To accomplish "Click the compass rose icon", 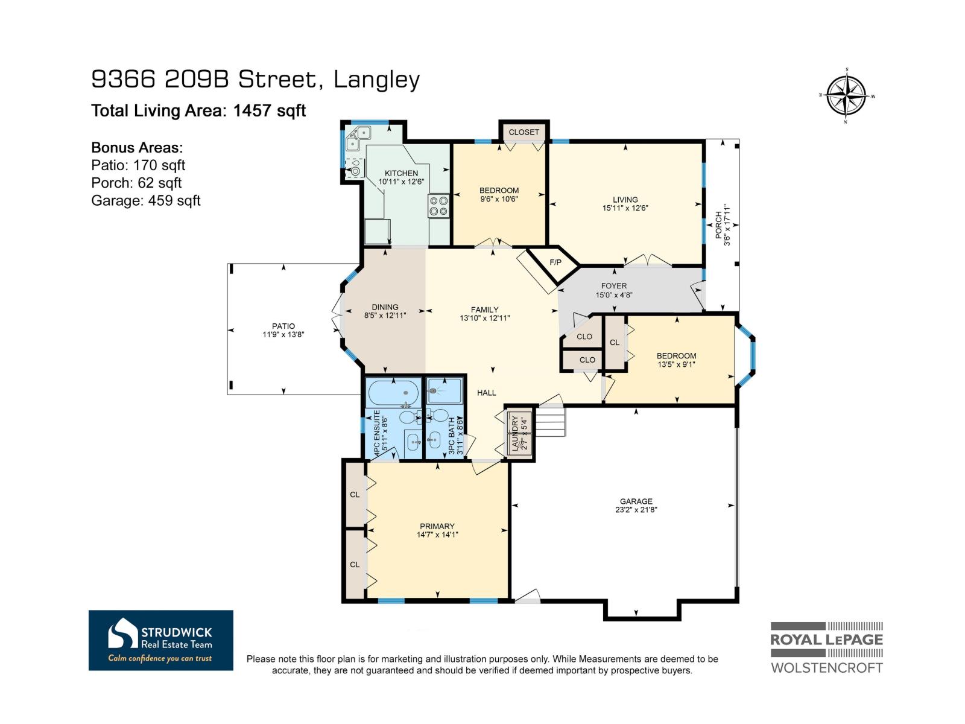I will pos(846,95).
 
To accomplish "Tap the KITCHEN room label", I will pos(401,173).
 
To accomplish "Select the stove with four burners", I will pos(438,206).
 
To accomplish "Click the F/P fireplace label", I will pos(555,262).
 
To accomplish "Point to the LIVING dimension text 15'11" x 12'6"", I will pos(625,208).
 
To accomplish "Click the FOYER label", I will pos(613,286).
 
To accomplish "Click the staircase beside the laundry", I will pos(550,421).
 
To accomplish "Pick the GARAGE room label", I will pos(636,501).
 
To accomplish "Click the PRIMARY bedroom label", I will pos(437,526).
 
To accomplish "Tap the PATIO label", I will pos(283,326).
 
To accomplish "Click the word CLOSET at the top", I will pos(524,132).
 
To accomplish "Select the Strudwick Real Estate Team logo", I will pos(160,640).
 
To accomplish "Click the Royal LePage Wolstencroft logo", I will pos(826,647).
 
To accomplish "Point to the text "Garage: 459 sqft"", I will pos(145,200).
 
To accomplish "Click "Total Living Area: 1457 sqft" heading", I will pos(198,110).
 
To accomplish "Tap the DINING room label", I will pos(385,306).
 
